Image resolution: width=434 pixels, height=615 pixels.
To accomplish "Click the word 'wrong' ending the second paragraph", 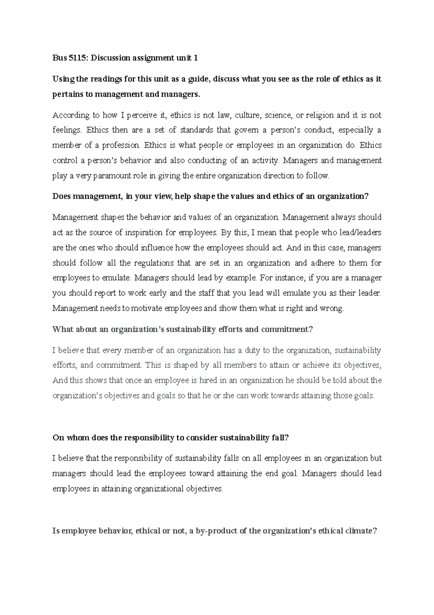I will [331, 309].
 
